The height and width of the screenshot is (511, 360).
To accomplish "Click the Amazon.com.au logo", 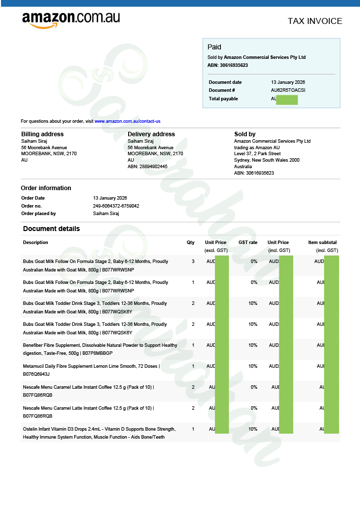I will [x=71, y=19].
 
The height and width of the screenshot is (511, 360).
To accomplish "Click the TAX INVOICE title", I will [x=315, y=21].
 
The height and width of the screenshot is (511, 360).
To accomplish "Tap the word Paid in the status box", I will [x=214, y=47].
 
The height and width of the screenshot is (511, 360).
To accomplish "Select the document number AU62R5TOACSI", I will [x=288, y=90].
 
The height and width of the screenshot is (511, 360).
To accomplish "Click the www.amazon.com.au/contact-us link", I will [x=127, y=121].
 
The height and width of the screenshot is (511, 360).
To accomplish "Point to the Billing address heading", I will [x=42, y=134].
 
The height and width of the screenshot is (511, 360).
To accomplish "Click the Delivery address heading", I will [x=151, y=134].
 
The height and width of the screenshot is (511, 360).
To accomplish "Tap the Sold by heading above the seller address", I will [x=245, y=134].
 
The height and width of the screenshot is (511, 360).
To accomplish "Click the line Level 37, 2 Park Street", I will [x=257, y=154].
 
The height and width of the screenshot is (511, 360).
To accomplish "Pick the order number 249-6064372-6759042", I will [x=116, y=206].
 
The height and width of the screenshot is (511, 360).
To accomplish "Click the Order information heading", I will [x=46, y=188].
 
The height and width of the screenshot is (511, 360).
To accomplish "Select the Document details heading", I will [x=51, y=229].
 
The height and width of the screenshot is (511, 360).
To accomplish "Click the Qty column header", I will [x=190, y=243].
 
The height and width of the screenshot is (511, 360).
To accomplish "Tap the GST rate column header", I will [x=248, y=243].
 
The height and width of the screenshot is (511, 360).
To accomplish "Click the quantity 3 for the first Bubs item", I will [x=193, y=261].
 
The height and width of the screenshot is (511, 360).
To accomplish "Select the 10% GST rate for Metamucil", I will [x=253, y=366].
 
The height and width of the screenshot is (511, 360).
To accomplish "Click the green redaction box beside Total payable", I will [x=287, y=99].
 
